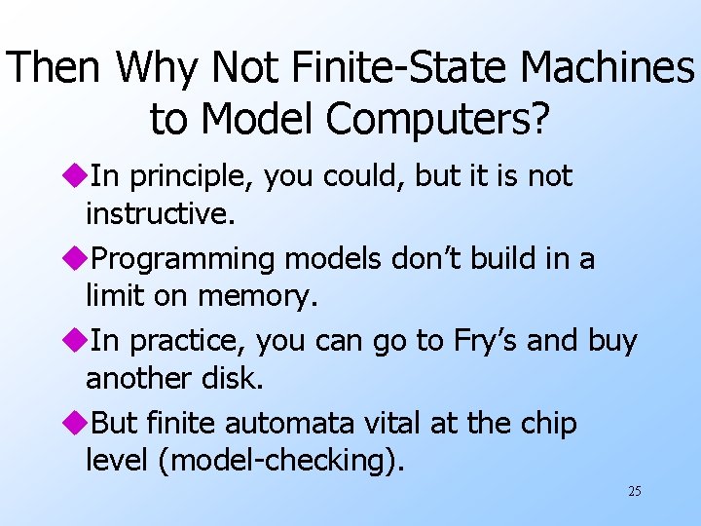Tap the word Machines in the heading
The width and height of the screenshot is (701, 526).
[x=608, y=68]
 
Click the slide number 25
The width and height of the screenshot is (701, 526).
[x=634, y=491]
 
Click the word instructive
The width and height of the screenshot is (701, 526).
[x=160, y=212]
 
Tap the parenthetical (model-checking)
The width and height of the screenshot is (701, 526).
[x=285, y=460]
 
